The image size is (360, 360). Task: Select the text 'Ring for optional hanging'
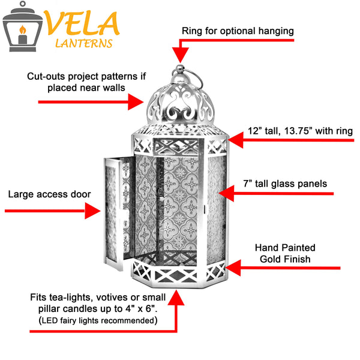coord(238,30)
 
